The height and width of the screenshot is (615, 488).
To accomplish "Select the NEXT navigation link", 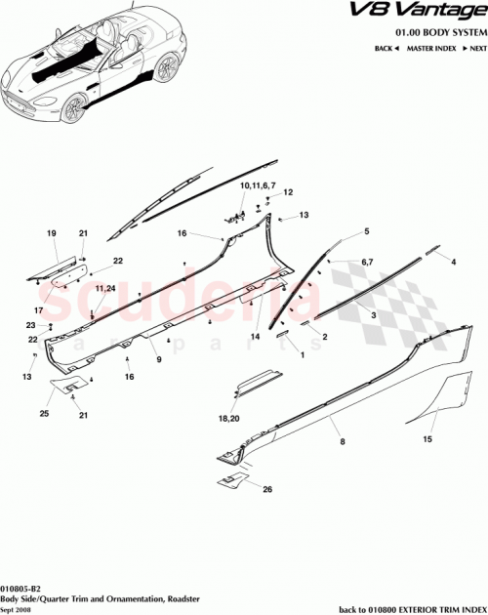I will (474, 47).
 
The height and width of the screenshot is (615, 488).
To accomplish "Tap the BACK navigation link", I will (388, 47).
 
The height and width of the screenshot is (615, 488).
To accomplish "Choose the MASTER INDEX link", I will (431, 47).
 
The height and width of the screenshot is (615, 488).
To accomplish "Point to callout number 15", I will (426, 439).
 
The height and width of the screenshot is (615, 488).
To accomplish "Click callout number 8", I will (342, 442).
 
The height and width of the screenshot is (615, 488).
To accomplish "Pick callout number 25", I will (44, 413).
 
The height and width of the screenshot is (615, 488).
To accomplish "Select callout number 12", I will (289, 193).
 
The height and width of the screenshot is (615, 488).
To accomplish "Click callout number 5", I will (367, 231).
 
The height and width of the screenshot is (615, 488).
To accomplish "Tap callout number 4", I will (454, 262).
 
